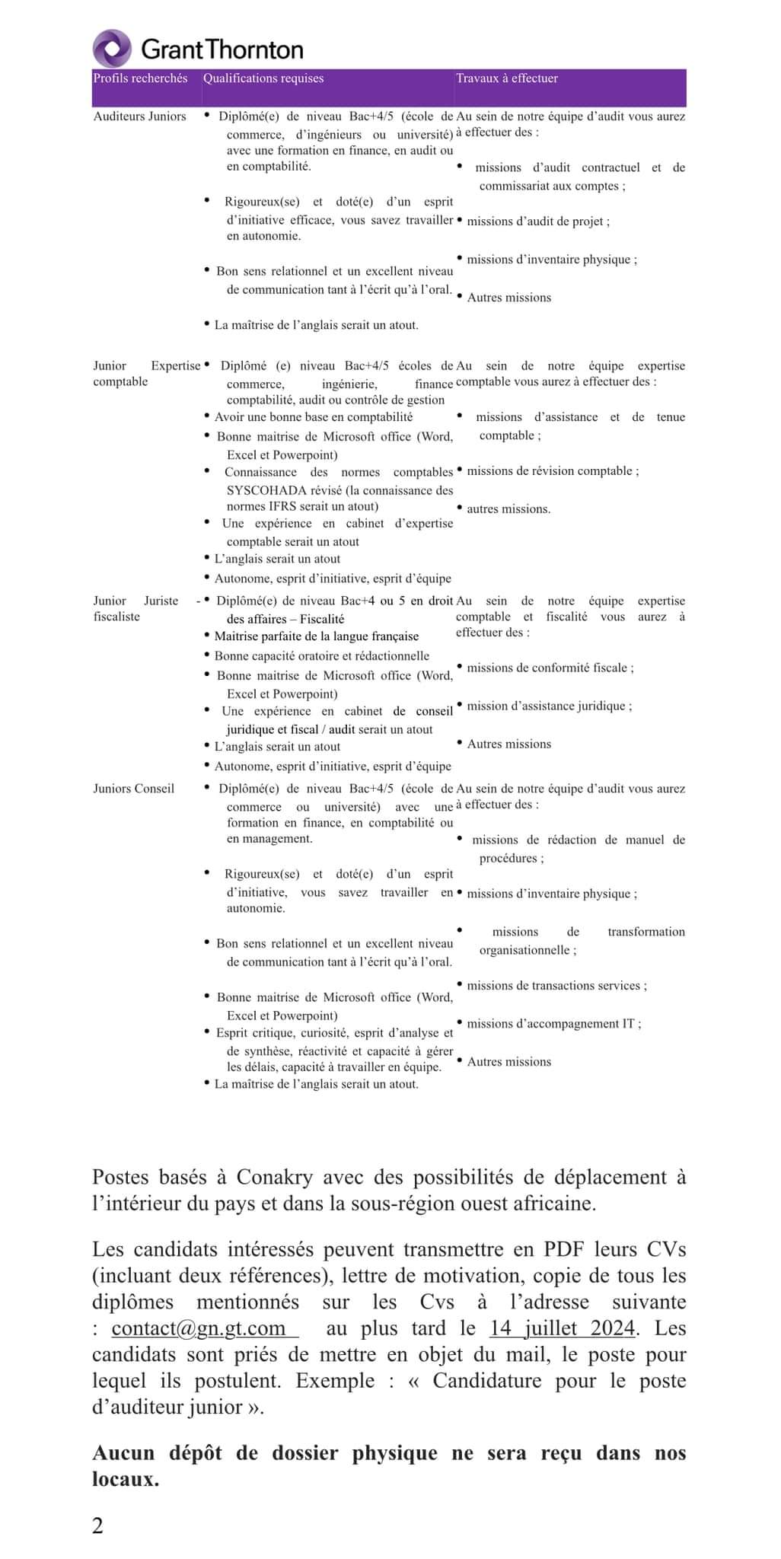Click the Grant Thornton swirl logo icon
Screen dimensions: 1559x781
point(112,49)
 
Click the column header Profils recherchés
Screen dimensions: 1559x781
point(140,78)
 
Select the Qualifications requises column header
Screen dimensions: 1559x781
point(263,78)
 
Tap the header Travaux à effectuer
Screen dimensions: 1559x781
point(507,78)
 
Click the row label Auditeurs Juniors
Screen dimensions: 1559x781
point(139,116)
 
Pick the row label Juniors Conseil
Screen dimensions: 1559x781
point(133,789)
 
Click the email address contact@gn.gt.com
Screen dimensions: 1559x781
point(199,1328)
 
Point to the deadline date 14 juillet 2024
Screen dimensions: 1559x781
point(562,1328)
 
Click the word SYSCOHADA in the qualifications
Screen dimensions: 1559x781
point(267,490)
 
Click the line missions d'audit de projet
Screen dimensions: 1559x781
point(537,222)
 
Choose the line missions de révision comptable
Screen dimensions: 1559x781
point(552,471)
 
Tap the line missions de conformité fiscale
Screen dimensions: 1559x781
point(550,668)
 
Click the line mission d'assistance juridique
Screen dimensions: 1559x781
point(549,706)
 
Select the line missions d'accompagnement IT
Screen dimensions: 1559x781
point(553,1024)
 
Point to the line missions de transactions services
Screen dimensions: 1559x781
point(556,986)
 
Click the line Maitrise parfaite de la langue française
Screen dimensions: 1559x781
point(316,636)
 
